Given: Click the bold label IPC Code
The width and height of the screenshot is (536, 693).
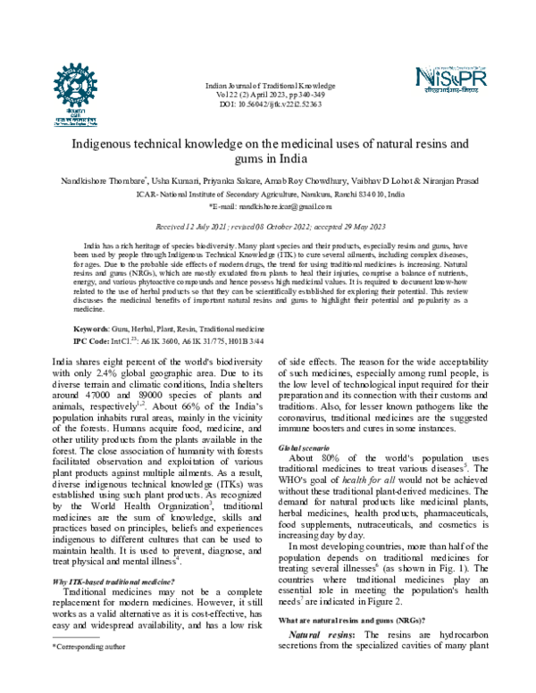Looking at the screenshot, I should [x=92, y=341].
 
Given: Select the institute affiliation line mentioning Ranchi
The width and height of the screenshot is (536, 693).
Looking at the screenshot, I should [x=269, y=193].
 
